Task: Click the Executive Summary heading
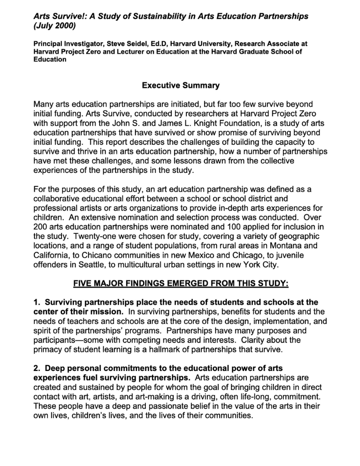pos(180,86)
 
